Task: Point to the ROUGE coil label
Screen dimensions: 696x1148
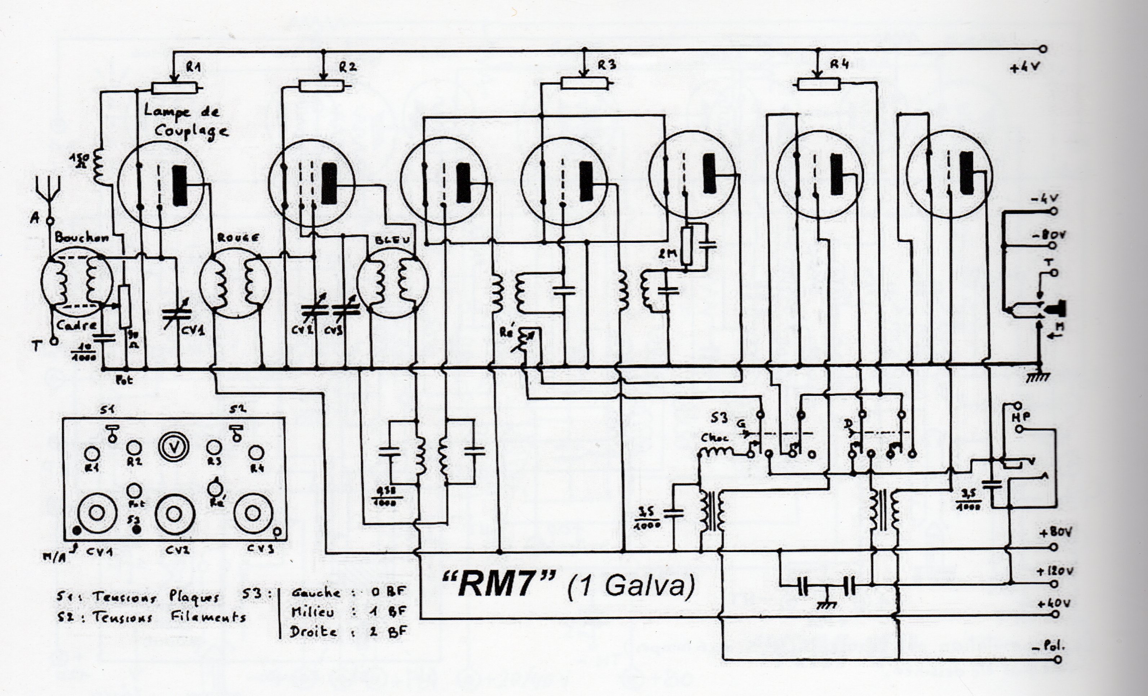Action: tap(235, 238)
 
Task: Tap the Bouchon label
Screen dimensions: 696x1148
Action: tap(81, 238)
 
